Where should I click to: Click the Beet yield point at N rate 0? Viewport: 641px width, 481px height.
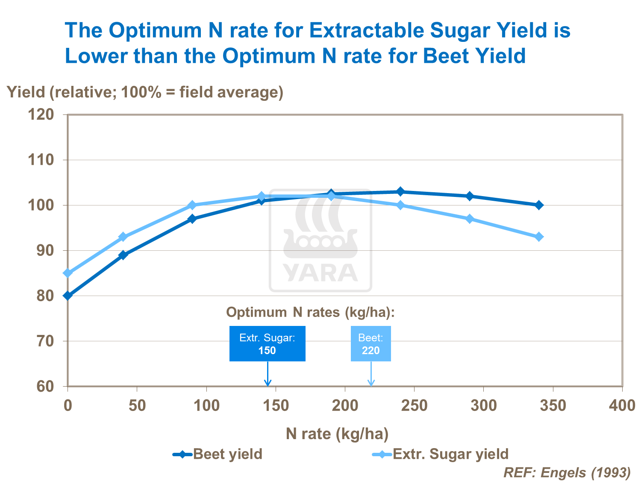68,296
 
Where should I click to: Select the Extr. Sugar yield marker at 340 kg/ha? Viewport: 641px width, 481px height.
539,237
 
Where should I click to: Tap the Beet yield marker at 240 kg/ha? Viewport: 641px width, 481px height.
400,191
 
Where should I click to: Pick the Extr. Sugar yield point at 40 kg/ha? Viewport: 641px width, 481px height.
123,237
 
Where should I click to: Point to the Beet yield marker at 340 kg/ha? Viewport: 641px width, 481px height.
539,205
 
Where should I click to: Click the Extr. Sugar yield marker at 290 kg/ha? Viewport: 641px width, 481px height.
470,219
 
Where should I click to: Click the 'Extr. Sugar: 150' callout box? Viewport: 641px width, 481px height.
267,344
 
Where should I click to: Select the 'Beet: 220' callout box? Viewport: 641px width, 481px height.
370,344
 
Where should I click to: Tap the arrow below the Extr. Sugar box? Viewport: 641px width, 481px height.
268,375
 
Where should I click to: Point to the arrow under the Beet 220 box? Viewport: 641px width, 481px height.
371,375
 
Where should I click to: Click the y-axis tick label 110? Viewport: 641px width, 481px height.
41,160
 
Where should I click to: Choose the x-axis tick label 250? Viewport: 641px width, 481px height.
414,405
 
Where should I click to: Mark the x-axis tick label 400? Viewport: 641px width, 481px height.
622,405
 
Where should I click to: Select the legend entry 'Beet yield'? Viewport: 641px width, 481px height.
218,454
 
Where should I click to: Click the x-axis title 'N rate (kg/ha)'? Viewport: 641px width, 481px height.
337,434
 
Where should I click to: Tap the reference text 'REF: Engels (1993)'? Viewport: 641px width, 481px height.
567,472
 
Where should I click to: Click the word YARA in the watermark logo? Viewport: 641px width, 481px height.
320,273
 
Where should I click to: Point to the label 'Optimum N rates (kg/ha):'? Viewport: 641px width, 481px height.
310,312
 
